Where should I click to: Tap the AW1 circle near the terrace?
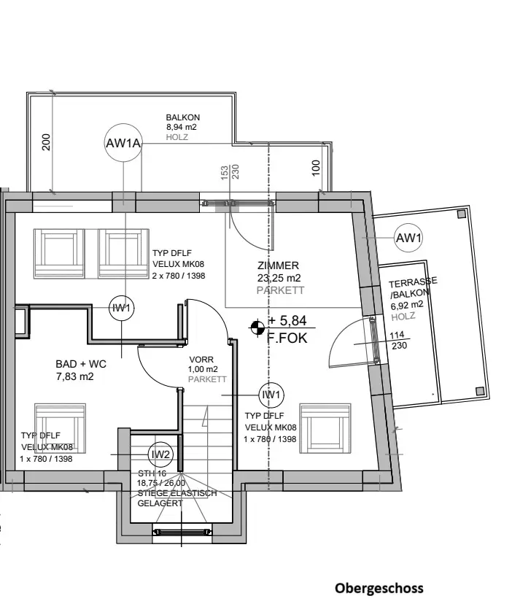click(408, 237)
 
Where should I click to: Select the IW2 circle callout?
click(160, 454)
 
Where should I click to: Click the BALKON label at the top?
click(182, 117)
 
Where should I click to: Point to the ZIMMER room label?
click(278, 266)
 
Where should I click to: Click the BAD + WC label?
click(79, 363)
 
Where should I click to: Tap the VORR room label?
click(201, 360)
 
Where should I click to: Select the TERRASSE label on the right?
click(412, 283)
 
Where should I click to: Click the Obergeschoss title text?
click(379, 588)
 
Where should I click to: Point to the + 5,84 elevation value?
click(288, 321)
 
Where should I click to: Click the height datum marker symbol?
click(257, 328)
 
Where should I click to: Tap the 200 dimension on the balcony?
click(47, 142)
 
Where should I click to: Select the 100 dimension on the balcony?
click(316, 169)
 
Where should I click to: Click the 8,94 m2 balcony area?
click(182, 127)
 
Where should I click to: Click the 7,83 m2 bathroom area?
click(74, 376)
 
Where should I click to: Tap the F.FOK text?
click(288, 338)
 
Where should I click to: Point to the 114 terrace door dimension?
click(397, 336)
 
